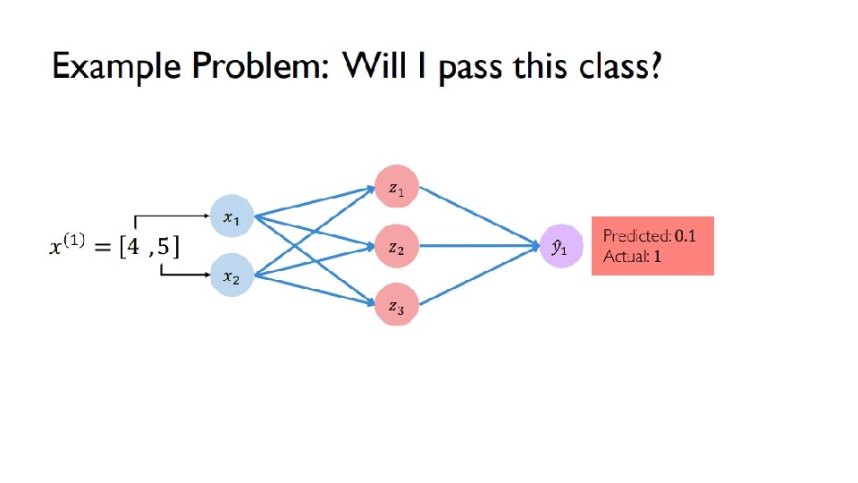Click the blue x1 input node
[231, 217]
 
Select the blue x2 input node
[231, 276]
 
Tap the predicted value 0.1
[686, 236]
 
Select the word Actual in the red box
[622, 257]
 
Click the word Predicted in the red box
[635, 236]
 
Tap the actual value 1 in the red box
[657, 257]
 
